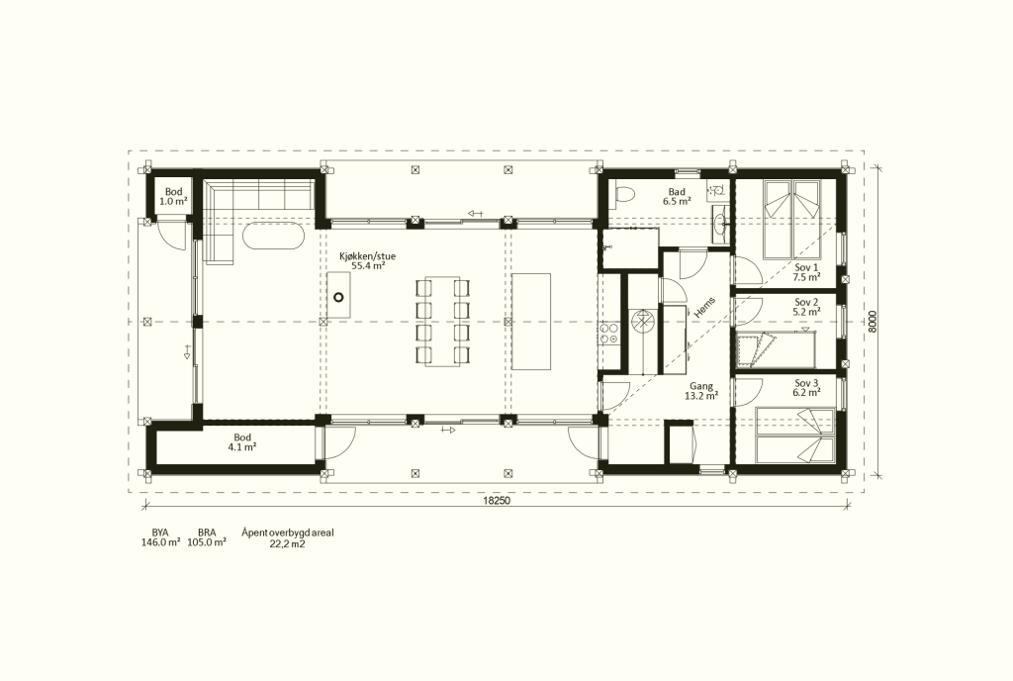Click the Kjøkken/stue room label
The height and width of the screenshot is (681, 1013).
(x=368, y=256)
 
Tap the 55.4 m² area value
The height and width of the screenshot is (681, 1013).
(x=368, y=265)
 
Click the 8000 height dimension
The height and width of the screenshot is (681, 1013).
(x=873, y=321)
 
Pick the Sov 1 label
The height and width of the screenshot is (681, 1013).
(x=806, y=267)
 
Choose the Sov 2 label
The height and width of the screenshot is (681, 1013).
(x=806, y=302)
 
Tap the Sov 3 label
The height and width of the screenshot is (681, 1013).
(x=806, y=383)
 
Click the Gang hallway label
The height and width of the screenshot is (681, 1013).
(x=701, y=386)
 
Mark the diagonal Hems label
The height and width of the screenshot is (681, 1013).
(x=704, y=307)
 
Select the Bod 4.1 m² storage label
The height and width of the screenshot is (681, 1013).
(x=242, y=441)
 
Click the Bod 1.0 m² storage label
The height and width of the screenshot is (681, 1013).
(x=173, y=196)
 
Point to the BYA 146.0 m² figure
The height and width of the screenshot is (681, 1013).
(x=160, y=537)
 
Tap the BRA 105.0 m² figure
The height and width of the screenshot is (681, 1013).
(x=207, y=537)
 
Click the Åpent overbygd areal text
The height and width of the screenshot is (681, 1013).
(x=288, y=534)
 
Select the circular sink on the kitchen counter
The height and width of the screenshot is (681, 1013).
(x=338, y=298)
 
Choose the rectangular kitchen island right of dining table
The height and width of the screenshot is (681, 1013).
(x=531, y=321)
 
